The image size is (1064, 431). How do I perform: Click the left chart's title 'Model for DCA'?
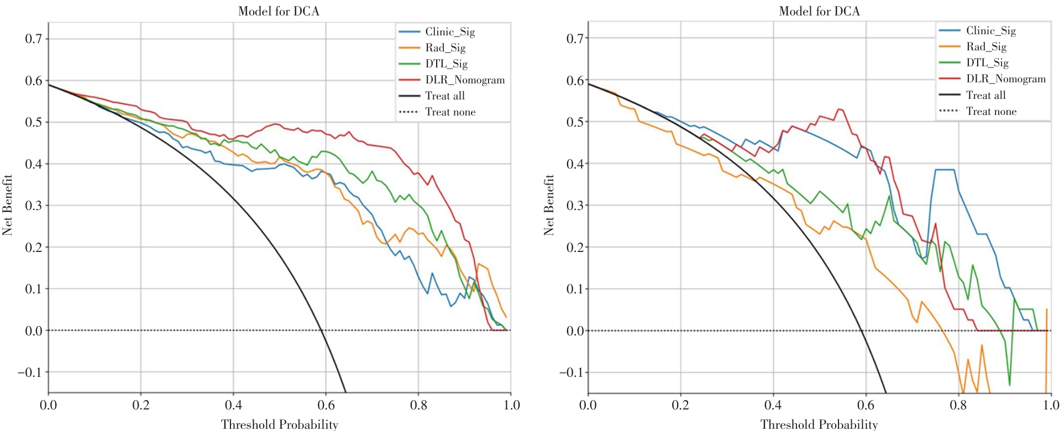(279, 11)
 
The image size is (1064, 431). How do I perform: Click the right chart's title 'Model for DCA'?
(819, 11)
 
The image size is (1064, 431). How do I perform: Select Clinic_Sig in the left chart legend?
(449, 32)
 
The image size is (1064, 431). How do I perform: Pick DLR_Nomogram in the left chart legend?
(464, 80)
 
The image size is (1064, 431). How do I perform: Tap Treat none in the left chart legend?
(450, 112)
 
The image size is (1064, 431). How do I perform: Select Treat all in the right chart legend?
(986, 95)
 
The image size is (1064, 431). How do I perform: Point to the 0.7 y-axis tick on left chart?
(33, 39)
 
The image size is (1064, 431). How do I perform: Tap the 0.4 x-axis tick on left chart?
(233, 405)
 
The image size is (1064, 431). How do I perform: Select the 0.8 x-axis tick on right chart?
(958, 405)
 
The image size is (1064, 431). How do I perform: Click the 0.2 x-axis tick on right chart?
(680, 405)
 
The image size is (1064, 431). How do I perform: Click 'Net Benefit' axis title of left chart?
(7, 205)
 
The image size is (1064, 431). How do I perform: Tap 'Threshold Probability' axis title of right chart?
(819, 424)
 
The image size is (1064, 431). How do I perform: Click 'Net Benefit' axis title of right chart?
(548, 205)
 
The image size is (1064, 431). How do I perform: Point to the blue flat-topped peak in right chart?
(944, 170)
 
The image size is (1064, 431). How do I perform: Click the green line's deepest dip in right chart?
(1009, 385)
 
